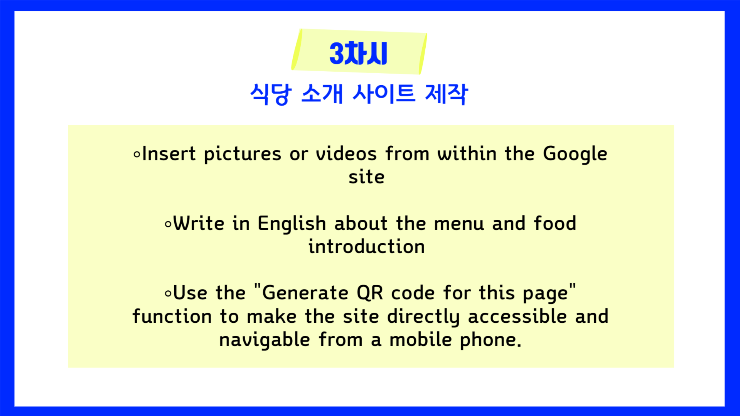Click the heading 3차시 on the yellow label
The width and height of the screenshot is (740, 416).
[358, 53]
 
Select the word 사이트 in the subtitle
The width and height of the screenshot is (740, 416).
[384, 94]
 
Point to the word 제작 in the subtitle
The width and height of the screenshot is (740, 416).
[447, 94]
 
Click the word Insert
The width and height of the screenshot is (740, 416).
[169, 154]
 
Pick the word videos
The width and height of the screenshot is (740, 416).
[346, 154]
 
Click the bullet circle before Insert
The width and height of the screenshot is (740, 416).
[137, 155]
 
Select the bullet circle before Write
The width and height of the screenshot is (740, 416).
[168, 224]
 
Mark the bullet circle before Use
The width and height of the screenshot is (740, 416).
[168, 294]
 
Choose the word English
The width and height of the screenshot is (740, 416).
[292, 224]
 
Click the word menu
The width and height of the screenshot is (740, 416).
[459, 224]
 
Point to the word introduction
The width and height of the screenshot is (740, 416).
[367, 246]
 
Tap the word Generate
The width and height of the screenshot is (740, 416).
[305, 293]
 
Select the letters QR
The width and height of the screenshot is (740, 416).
[370, 293]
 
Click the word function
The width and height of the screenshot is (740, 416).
[172, 316]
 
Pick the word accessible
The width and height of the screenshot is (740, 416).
[517, 316]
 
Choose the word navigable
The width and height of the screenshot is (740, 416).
[265, 340]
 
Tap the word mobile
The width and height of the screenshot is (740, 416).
[421, 340]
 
